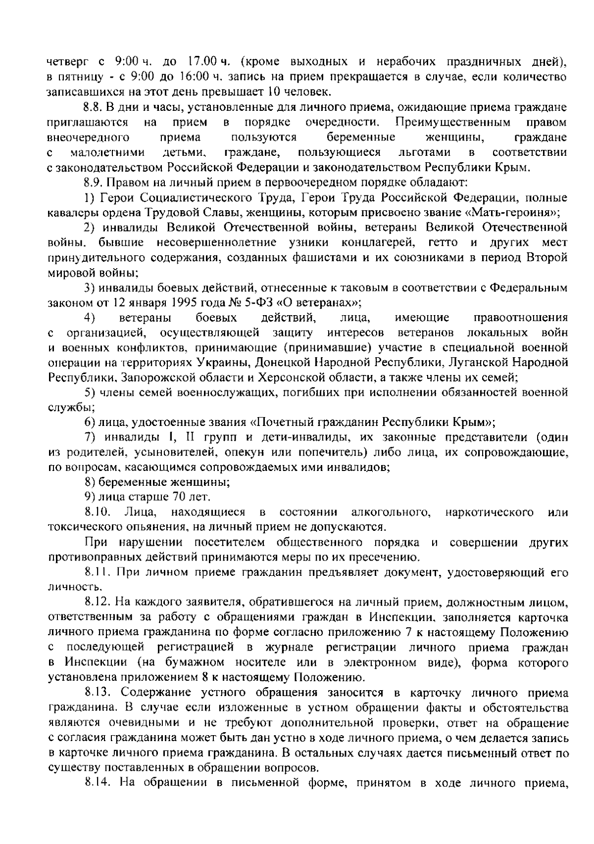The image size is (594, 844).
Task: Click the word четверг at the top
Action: (x=67, y=62)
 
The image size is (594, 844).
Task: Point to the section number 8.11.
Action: (x=97, y=572)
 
